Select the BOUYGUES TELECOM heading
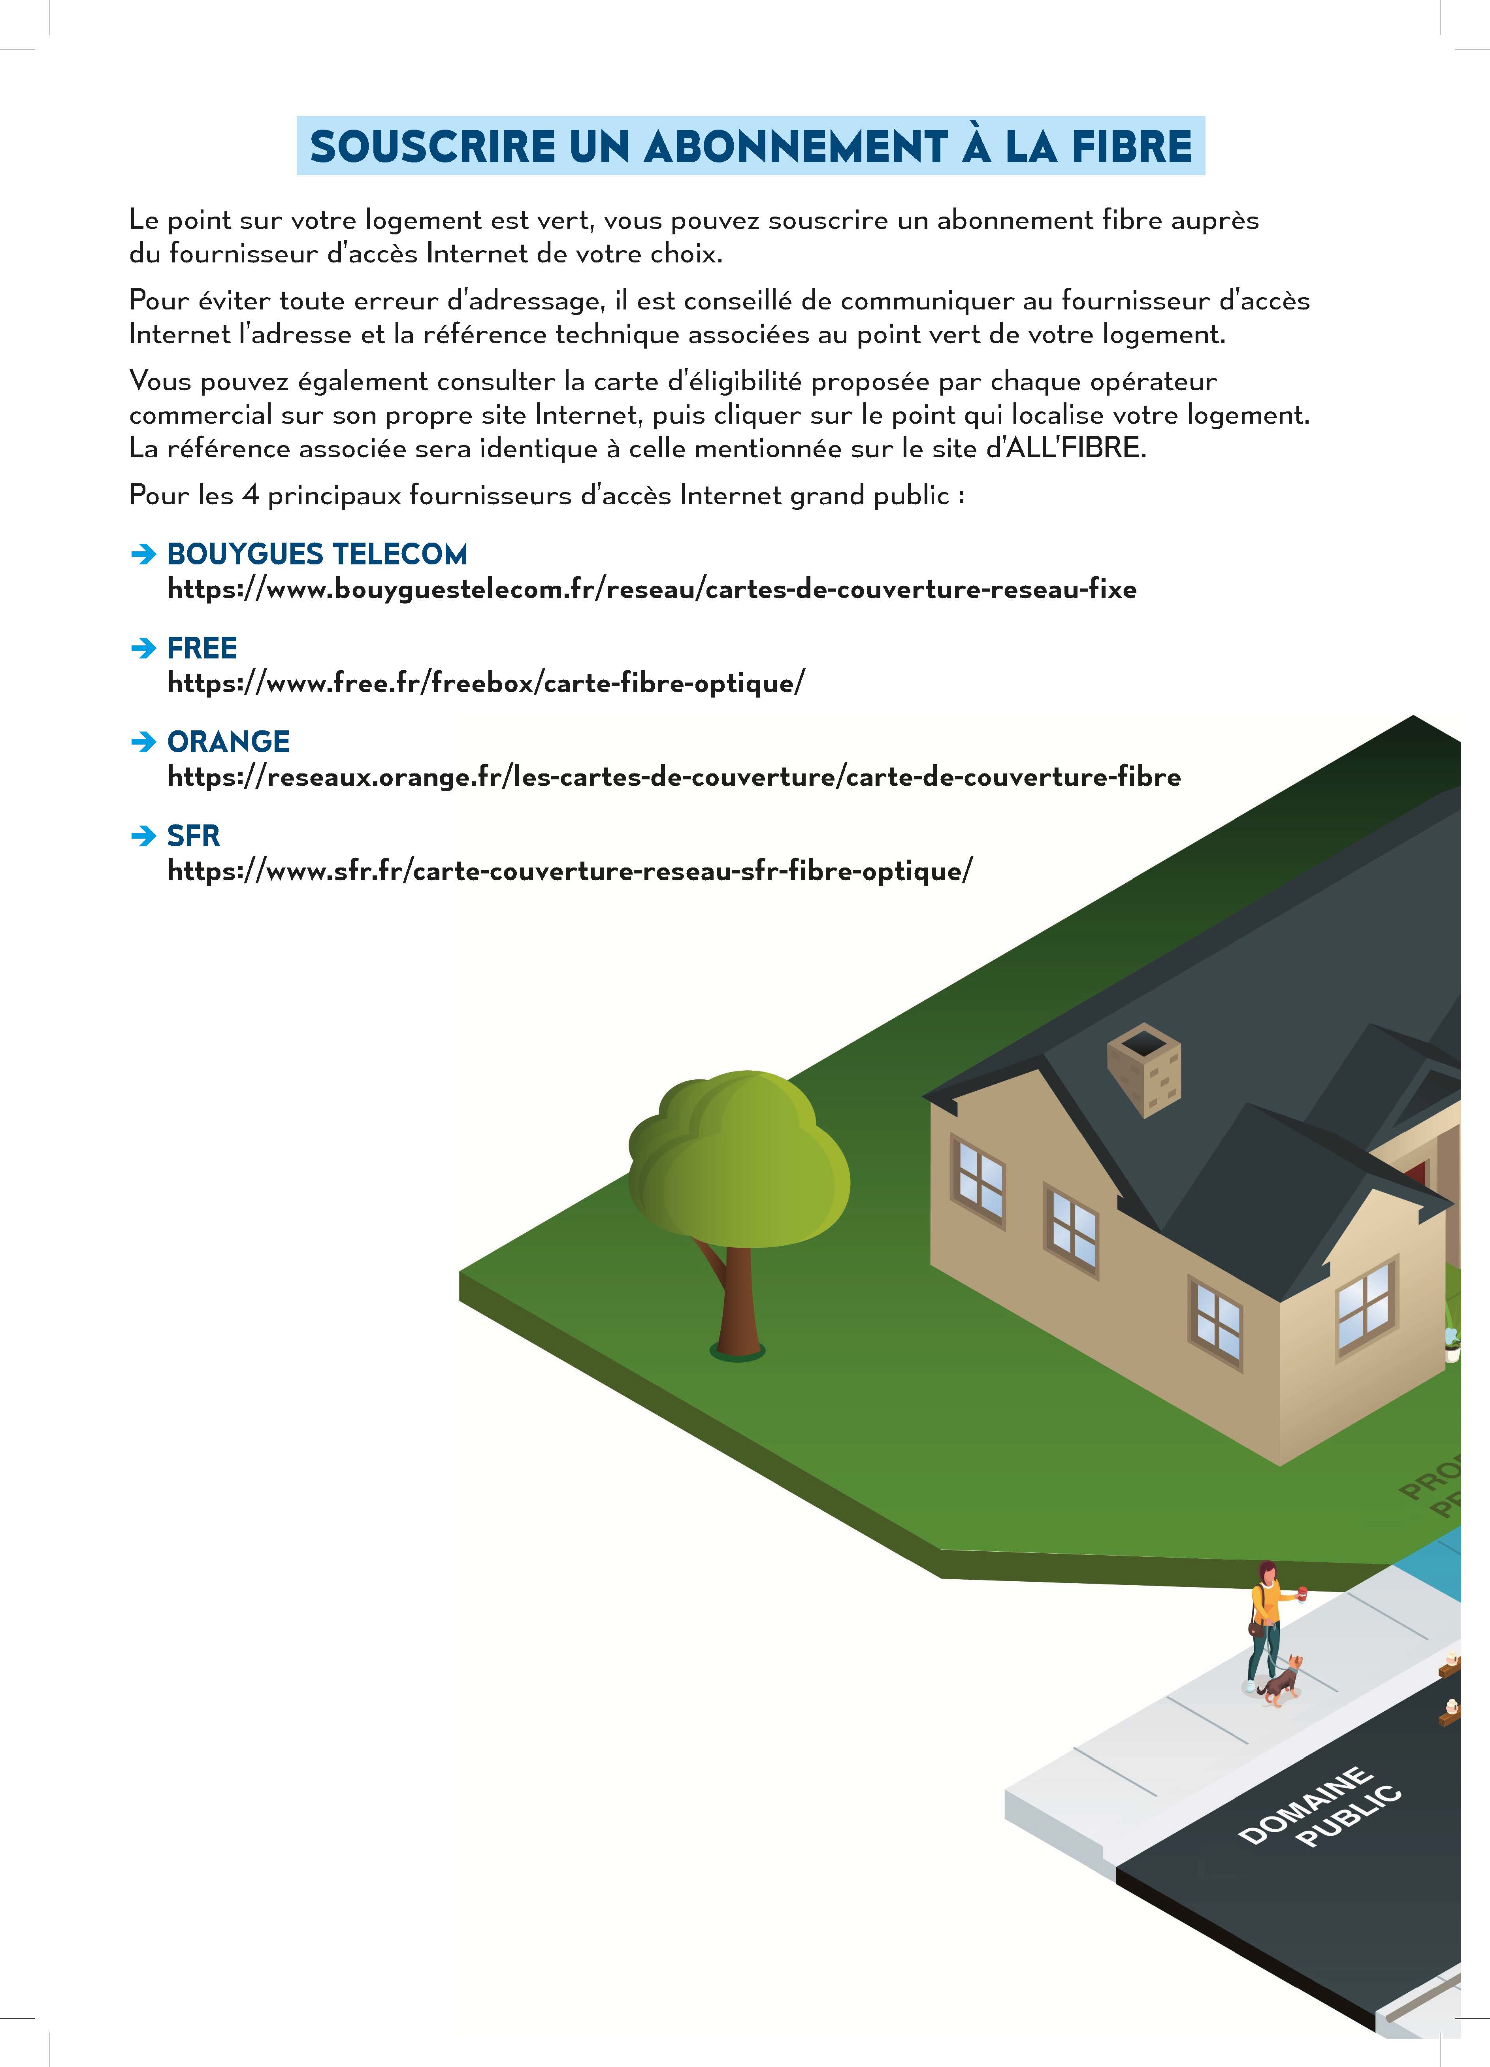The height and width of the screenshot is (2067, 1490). click(x=317, y=554)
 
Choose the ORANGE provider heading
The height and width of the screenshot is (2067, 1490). click(x=229, y=742)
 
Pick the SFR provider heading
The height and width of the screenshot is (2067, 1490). click(x=193, y=836)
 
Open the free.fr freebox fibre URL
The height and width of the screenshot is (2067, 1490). click(x=486, y=683)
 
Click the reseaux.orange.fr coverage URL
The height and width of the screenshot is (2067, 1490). click(x=673, y=777)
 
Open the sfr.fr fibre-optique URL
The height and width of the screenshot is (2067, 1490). click(x=570, y=871)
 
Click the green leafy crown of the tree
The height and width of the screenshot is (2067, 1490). click(x=738, y=1158)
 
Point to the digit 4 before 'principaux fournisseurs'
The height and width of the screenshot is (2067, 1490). click(x=251, y=496)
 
